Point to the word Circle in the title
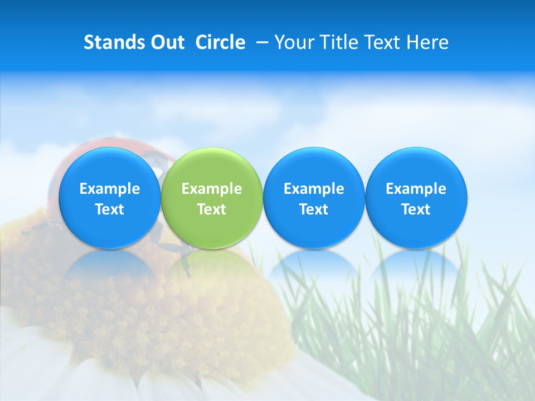220,42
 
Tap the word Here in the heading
427,42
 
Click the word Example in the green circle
212,189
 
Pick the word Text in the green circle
212,209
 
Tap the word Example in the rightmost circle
416,189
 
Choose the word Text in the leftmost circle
109,209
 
